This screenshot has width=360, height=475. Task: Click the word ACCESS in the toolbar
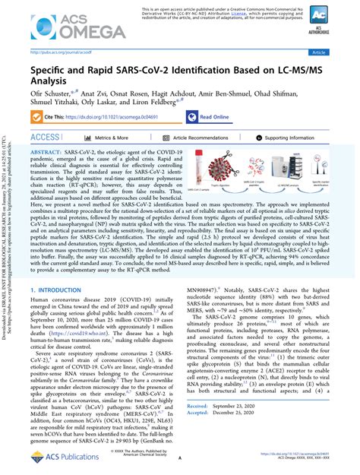click(x=45, y=138)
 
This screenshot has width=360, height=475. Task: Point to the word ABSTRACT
click(x=47, y=153)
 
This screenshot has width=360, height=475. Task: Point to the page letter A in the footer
click(x=180, y=459)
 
